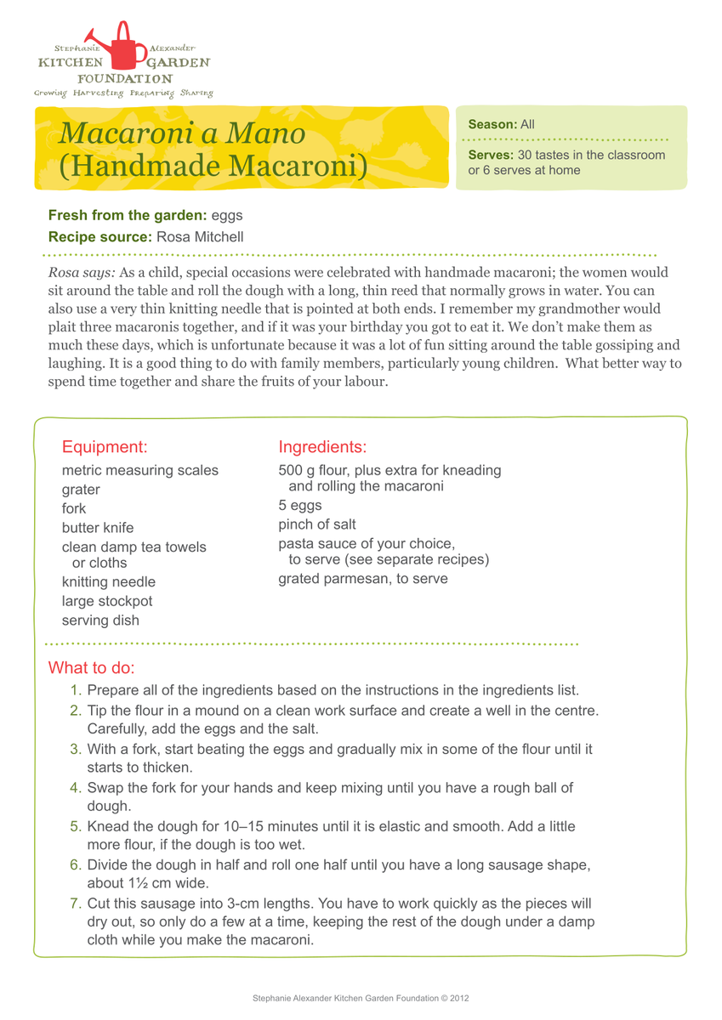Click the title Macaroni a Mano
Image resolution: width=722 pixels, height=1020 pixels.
(182, 133)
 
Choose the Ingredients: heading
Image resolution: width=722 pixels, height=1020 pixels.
(322, 446)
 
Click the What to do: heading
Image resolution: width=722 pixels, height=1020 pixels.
(92, 666)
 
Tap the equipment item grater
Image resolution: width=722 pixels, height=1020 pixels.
(81, 490)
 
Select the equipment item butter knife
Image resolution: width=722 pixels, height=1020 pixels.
(98, 528)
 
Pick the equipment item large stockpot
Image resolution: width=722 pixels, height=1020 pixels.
(107, 601)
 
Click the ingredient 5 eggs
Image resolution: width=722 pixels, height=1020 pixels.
(300, 506)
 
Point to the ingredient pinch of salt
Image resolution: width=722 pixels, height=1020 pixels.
(317, 524)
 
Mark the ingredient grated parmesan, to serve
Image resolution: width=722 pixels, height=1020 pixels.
(363, 579)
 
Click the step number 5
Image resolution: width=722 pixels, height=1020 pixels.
(76, 826)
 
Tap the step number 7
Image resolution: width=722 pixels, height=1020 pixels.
(76, 903)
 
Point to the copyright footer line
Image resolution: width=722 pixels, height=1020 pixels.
(361, 998)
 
